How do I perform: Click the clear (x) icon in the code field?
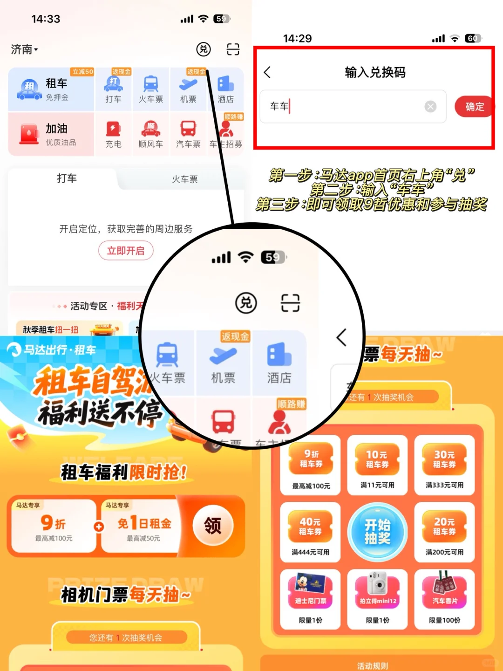point(430,107)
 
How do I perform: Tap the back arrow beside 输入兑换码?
point(267,72)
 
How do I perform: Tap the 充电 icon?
point(113,134)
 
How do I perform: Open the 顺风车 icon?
point(150,134)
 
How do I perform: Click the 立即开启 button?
point(126,251)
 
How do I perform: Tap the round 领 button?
point(213,526)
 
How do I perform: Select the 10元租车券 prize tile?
point(377,465)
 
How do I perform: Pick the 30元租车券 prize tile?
point(444,465)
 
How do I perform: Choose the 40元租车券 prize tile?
point(310,532)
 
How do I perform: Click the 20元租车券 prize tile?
point(444,532)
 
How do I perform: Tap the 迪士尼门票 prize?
point(310,599)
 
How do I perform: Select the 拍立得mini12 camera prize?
point(377,599)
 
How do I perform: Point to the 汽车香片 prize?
point(444,599)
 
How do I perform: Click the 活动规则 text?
point(372,666)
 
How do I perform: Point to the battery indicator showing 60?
point(473,38)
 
